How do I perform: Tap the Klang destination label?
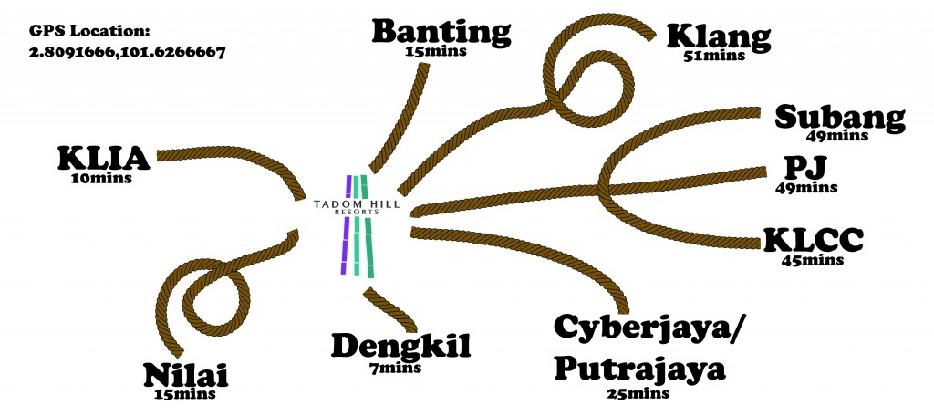[719, 38]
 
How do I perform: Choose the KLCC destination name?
[814, 241]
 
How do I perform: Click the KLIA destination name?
[103, 159]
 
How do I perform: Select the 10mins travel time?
[100, 178]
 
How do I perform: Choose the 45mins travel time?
[813, 260]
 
